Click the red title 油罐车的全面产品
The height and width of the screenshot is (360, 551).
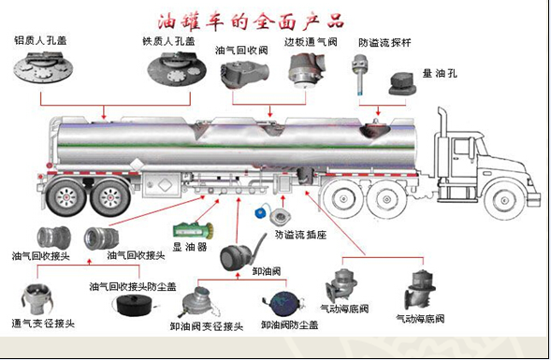(x=250, y=22)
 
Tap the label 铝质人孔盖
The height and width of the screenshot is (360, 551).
(x=40, y=40)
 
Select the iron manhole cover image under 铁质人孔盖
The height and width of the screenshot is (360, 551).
(x=177, y=69)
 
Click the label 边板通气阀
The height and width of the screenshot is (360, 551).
(x=311, y=42)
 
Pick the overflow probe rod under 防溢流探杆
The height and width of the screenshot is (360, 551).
(x=359, y=75)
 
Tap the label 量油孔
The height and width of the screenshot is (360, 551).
(x=440, y=74)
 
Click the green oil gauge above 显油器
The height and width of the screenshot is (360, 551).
(x=193, y=231)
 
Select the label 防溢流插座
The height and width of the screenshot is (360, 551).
(x=301, y=235)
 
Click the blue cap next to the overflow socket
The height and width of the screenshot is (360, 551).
(x=261, y=213)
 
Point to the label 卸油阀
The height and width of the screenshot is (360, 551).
(x=267, y=271)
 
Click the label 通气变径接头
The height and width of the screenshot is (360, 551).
(x=43, y=323)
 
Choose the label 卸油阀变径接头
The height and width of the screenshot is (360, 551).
(x=207, y=326)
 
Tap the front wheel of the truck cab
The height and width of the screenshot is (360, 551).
(x=504, y=200)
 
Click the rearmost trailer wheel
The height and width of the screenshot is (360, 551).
(x=66, y=197)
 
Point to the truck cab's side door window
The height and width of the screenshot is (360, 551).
(x=462, y=147)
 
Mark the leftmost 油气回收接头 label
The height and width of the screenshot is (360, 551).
(x=41, y=256)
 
